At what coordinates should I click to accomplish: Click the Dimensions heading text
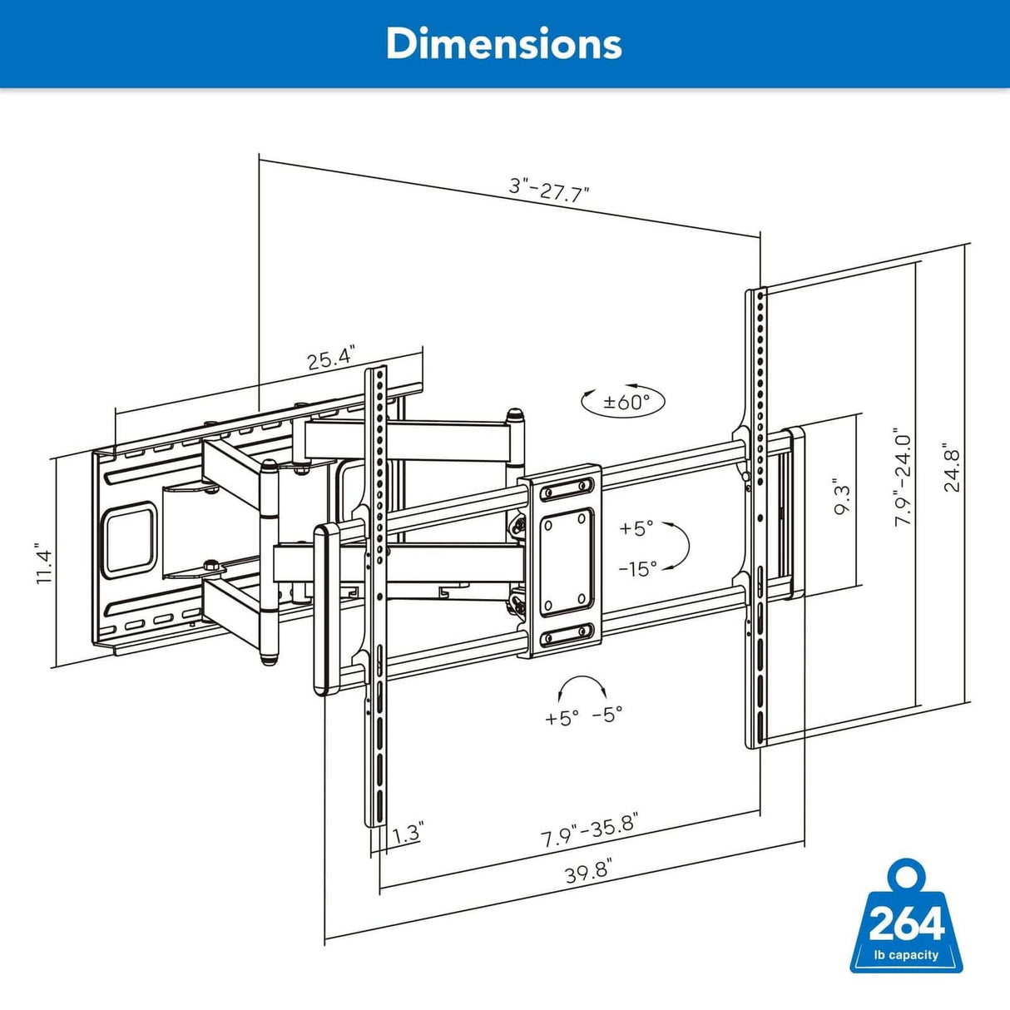(503, 43)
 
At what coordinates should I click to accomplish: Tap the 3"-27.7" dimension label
(549, 189)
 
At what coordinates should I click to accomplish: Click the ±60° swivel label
(623, 402)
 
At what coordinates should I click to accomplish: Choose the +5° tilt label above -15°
(636, 528)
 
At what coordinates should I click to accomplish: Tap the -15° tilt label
(637, 568)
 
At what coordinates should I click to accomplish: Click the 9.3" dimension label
(841, 500)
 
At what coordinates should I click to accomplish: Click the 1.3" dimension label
(408, 833)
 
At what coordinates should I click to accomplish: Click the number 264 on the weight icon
(907, 923)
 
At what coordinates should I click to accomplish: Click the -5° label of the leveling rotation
(607, 714)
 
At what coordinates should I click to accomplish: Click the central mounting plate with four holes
(559, 562)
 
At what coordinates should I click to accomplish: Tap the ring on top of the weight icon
(907, 876)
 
